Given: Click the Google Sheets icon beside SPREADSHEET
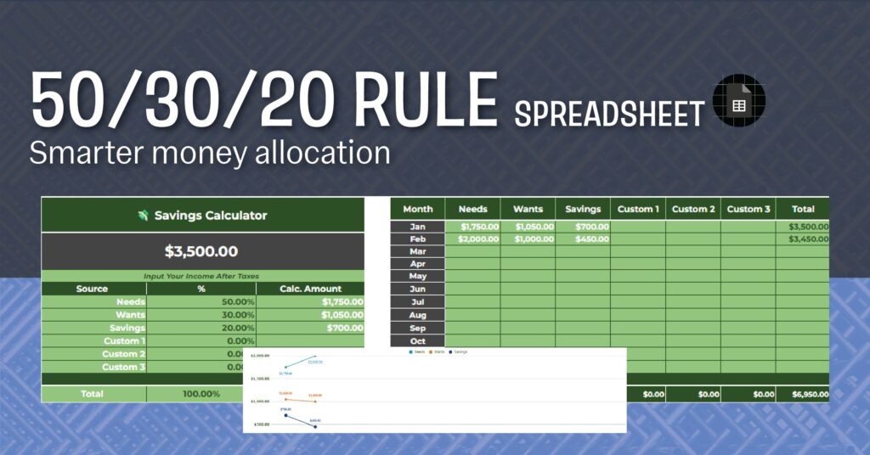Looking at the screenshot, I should tap(738, 106).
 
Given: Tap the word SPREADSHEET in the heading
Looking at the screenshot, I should tap(609, 113).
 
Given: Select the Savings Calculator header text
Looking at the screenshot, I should tap(210, 216).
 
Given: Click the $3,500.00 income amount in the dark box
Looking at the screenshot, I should tap(202, 251).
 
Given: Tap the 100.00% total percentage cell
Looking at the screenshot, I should tap(201, 394).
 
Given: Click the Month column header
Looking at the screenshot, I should tap(418, 209).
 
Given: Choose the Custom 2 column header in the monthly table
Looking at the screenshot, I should tap(692, 209).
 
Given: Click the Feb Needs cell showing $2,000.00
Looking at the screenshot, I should tap(472, 239).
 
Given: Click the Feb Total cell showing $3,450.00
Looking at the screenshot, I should tap(802, 239).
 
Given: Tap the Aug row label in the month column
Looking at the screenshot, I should tap(418, 315).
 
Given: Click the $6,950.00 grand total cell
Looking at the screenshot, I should tap(802, 395).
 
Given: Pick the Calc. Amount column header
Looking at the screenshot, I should tap(310, 289).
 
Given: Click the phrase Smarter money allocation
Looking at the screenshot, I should tap(210, 153).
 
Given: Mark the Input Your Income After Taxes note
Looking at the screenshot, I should tap(202, 276).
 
